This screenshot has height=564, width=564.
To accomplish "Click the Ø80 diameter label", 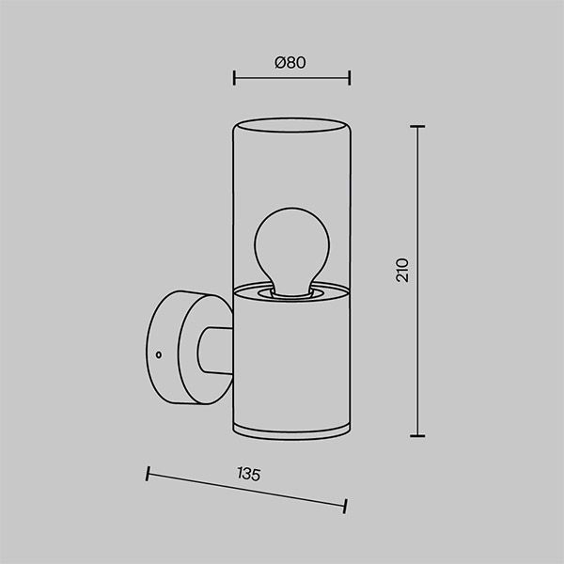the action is click(x=290, y=63).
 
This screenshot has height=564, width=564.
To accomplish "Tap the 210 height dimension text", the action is click(x=402, y=270).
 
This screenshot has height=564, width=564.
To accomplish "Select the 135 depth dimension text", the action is click(x=248, y=474).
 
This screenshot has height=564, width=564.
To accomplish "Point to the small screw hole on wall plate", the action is click(x=158, y=354).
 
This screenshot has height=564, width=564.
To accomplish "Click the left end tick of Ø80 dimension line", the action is click(x=234, y=78).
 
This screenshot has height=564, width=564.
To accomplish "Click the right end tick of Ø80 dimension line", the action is click(x=350, y=78).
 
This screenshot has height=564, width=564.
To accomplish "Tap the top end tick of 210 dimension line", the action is click(x=417, y=127).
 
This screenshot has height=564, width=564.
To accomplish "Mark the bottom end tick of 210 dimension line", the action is click(x=417, y=436).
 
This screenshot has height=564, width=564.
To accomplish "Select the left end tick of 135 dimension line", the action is click(x=148, y=474).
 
